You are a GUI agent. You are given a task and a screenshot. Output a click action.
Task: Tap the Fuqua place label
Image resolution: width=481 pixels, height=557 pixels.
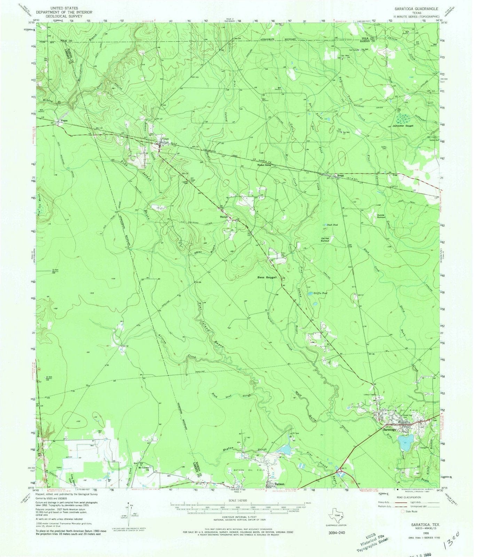[64, 120]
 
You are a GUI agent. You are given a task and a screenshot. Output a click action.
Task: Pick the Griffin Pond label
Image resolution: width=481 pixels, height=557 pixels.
[321, 293]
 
